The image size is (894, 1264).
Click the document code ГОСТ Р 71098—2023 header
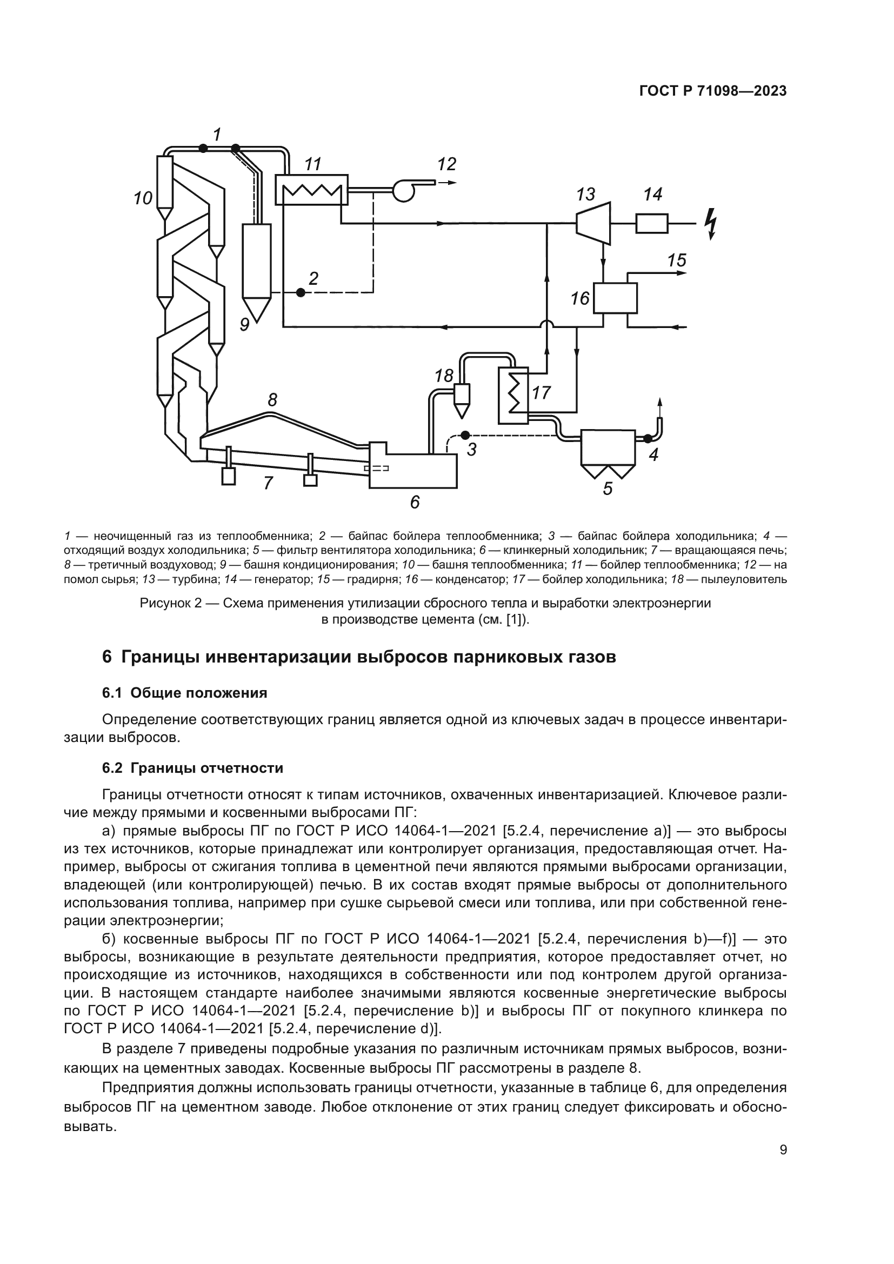click(712, 91)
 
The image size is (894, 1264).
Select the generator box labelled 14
click(652, 224)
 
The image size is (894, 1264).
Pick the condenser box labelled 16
click(615, 298)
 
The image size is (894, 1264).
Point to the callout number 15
click(677, 260)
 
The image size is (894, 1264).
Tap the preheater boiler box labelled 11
click(311, 190)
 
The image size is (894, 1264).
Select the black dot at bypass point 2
click(301, 292)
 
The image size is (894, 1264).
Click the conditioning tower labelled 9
click(257, 264)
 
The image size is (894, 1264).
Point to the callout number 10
click(143, 198)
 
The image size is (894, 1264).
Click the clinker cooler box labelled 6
click(413, 471)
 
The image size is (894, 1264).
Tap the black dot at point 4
click(648, 439)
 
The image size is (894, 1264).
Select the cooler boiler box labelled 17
click(512, 395)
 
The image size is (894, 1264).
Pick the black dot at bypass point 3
click(465, 434)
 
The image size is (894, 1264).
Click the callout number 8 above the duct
click(272, 400)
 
